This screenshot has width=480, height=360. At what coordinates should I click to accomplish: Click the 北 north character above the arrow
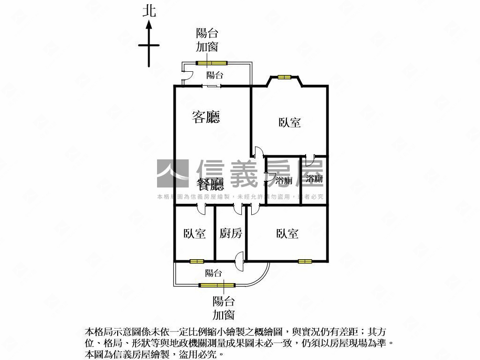149,11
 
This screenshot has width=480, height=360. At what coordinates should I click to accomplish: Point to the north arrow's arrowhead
149,24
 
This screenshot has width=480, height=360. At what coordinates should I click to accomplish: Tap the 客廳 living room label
206,117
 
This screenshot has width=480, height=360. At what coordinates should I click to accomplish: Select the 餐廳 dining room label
210,184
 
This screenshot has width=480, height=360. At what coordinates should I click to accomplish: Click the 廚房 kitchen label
231,233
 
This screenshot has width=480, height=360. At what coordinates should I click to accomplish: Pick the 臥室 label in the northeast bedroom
290,122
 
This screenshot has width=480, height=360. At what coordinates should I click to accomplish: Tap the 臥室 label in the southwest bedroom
195,233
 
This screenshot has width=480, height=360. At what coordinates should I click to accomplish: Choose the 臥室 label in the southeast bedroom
287,233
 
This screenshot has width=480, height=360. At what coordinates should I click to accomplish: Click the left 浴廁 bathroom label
284,180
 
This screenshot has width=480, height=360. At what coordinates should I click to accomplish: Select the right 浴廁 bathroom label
315,179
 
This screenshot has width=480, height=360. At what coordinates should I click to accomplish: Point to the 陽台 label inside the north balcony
215,75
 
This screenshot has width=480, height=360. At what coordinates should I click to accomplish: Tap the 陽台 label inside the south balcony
213,273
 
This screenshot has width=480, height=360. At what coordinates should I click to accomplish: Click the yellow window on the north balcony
211,63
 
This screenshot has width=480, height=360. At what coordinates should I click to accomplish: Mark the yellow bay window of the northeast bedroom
285,77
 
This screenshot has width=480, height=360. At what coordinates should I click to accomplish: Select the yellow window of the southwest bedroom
196,262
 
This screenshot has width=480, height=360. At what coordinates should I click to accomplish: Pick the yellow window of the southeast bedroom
305,262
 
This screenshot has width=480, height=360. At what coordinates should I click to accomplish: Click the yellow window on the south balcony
217,285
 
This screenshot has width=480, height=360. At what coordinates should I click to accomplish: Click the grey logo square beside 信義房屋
172,173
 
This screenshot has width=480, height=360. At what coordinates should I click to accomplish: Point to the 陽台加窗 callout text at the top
207,40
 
